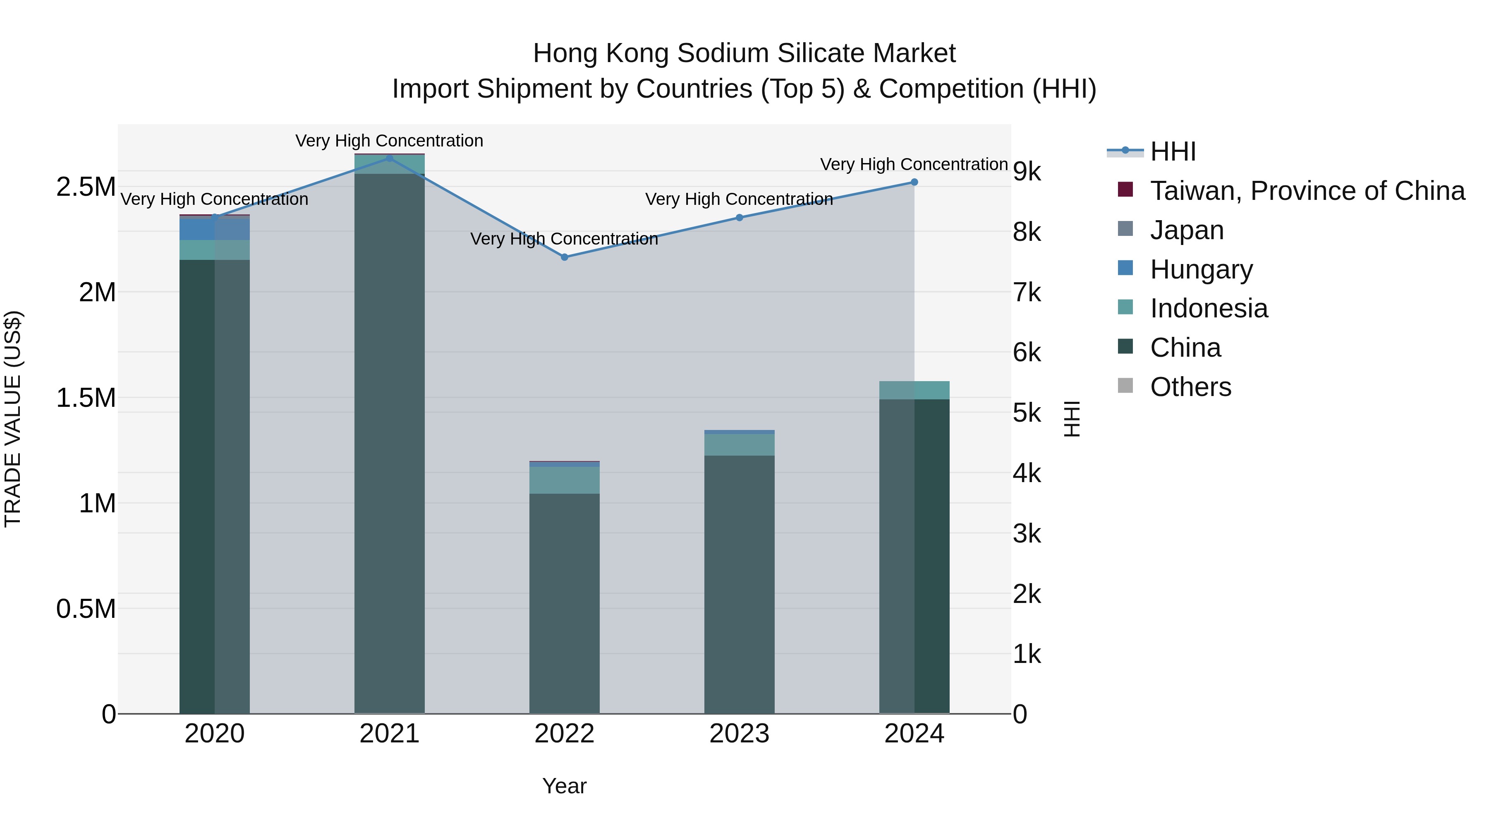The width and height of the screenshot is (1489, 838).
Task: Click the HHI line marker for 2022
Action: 565,257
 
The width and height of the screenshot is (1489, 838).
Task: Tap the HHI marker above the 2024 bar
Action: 914,182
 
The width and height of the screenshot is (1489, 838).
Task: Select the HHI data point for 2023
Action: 739,217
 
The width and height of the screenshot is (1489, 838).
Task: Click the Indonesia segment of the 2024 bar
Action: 914,390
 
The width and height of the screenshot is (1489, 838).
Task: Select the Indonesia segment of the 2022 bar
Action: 565,480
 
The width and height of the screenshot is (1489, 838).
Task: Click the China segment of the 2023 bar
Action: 739,584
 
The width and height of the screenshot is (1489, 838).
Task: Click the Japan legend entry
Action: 1187,230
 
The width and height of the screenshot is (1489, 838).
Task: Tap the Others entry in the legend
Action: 1190,387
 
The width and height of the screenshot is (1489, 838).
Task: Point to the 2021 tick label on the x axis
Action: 390,734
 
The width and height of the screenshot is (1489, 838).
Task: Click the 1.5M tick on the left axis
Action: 86,398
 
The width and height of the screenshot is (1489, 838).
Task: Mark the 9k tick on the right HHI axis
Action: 1027,172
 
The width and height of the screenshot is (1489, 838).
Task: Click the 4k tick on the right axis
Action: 1027,474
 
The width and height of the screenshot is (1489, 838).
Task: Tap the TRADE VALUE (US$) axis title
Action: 13,419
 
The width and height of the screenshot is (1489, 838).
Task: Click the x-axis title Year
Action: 564,786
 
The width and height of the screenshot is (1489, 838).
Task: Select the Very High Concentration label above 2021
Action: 389,141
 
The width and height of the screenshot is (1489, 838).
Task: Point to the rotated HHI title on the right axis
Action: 1072,419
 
